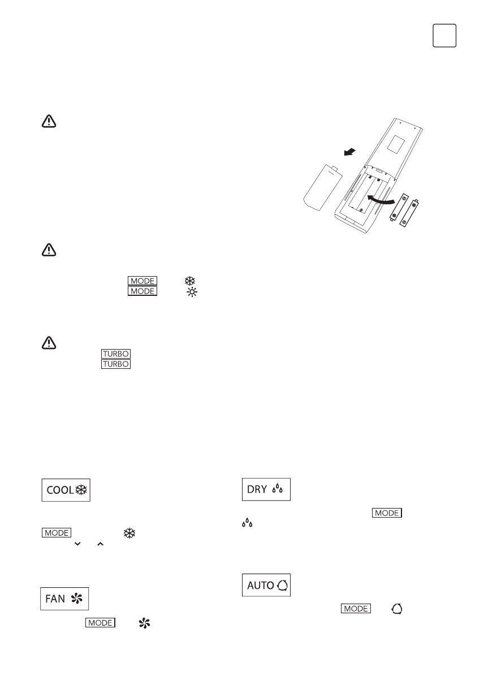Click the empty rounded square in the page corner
[x=445, y=36]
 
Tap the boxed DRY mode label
[x=266, y=489]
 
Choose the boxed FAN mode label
[x=65, y=599]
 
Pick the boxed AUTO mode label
[x=267, y=584]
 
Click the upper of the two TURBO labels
[x=115, y=354]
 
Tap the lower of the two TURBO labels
[x=115, y=364]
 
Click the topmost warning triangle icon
[x=50, y=122]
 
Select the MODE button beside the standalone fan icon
[x=100, y=623]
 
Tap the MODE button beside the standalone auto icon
[x=356, y=609]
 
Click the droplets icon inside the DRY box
[x=278, y=489]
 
